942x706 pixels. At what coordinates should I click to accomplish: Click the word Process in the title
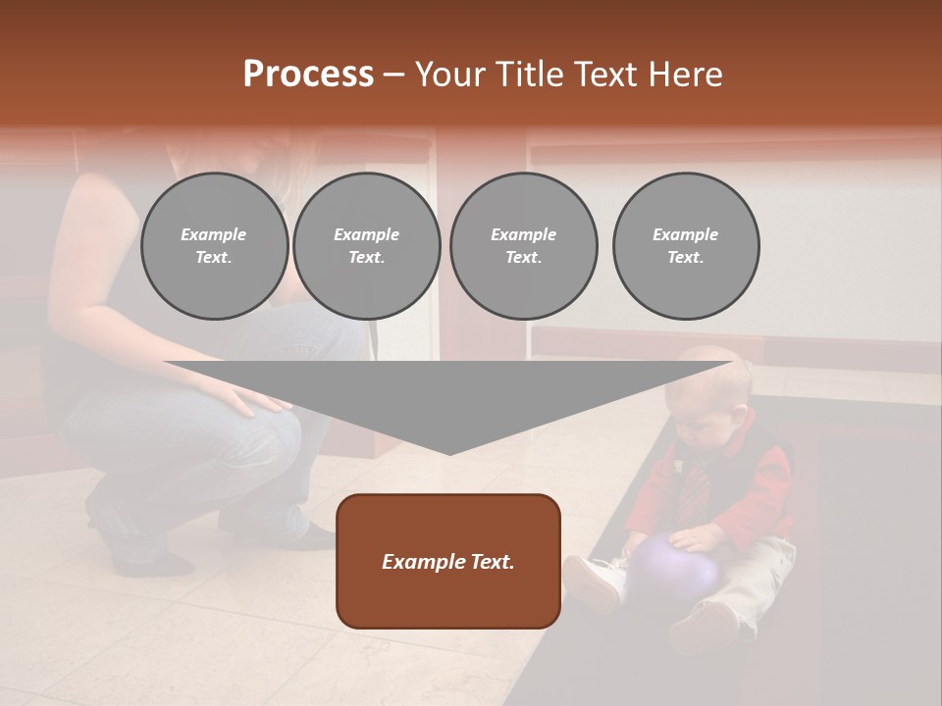(x=308, y=75)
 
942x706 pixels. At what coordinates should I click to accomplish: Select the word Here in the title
(x=684, y=75)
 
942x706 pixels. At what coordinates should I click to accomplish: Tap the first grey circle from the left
(x=214, y=245)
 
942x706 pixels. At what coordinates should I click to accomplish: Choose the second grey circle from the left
(x=366, y=245)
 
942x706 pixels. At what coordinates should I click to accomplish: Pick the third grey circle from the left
(x=523, y=245)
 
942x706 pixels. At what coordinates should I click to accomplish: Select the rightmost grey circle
(x=686, y=245)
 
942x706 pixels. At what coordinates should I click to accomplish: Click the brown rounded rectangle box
(x=448, y=561)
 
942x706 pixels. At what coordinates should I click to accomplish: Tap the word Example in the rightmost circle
(x=685, y=234)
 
